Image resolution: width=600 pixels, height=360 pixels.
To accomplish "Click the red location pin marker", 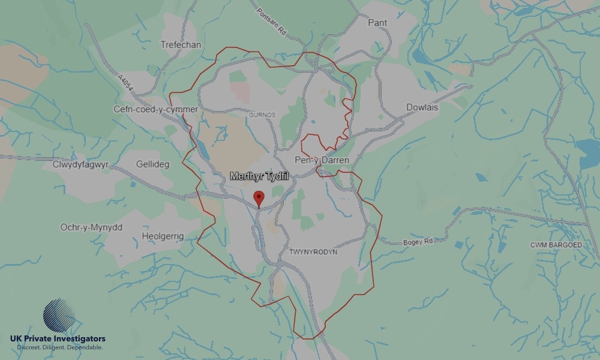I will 259,197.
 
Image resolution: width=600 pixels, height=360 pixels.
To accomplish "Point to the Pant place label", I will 377,23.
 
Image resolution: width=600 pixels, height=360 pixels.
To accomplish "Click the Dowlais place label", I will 422,107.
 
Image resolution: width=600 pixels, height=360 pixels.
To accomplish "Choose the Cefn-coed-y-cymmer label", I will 156,109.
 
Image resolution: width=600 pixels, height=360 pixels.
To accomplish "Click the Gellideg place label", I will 153,164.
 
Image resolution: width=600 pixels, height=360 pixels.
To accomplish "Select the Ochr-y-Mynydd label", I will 91,227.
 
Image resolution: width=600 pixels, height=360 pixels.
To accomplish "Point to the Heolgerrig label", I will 163,236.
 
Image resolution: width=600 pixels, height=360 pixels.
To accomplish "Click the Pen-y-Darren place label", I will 322,160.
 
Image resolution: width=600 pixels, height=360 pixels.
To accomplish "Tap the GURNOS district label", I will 262,114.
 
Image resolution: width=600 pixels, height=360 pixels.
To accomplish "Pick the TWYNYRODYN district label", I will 313,252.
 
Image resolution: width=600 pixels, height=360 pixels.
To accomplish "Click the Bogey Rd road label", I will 401,241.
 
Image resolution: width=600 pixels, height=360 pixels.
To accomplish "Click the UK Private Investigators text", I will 58,339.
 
